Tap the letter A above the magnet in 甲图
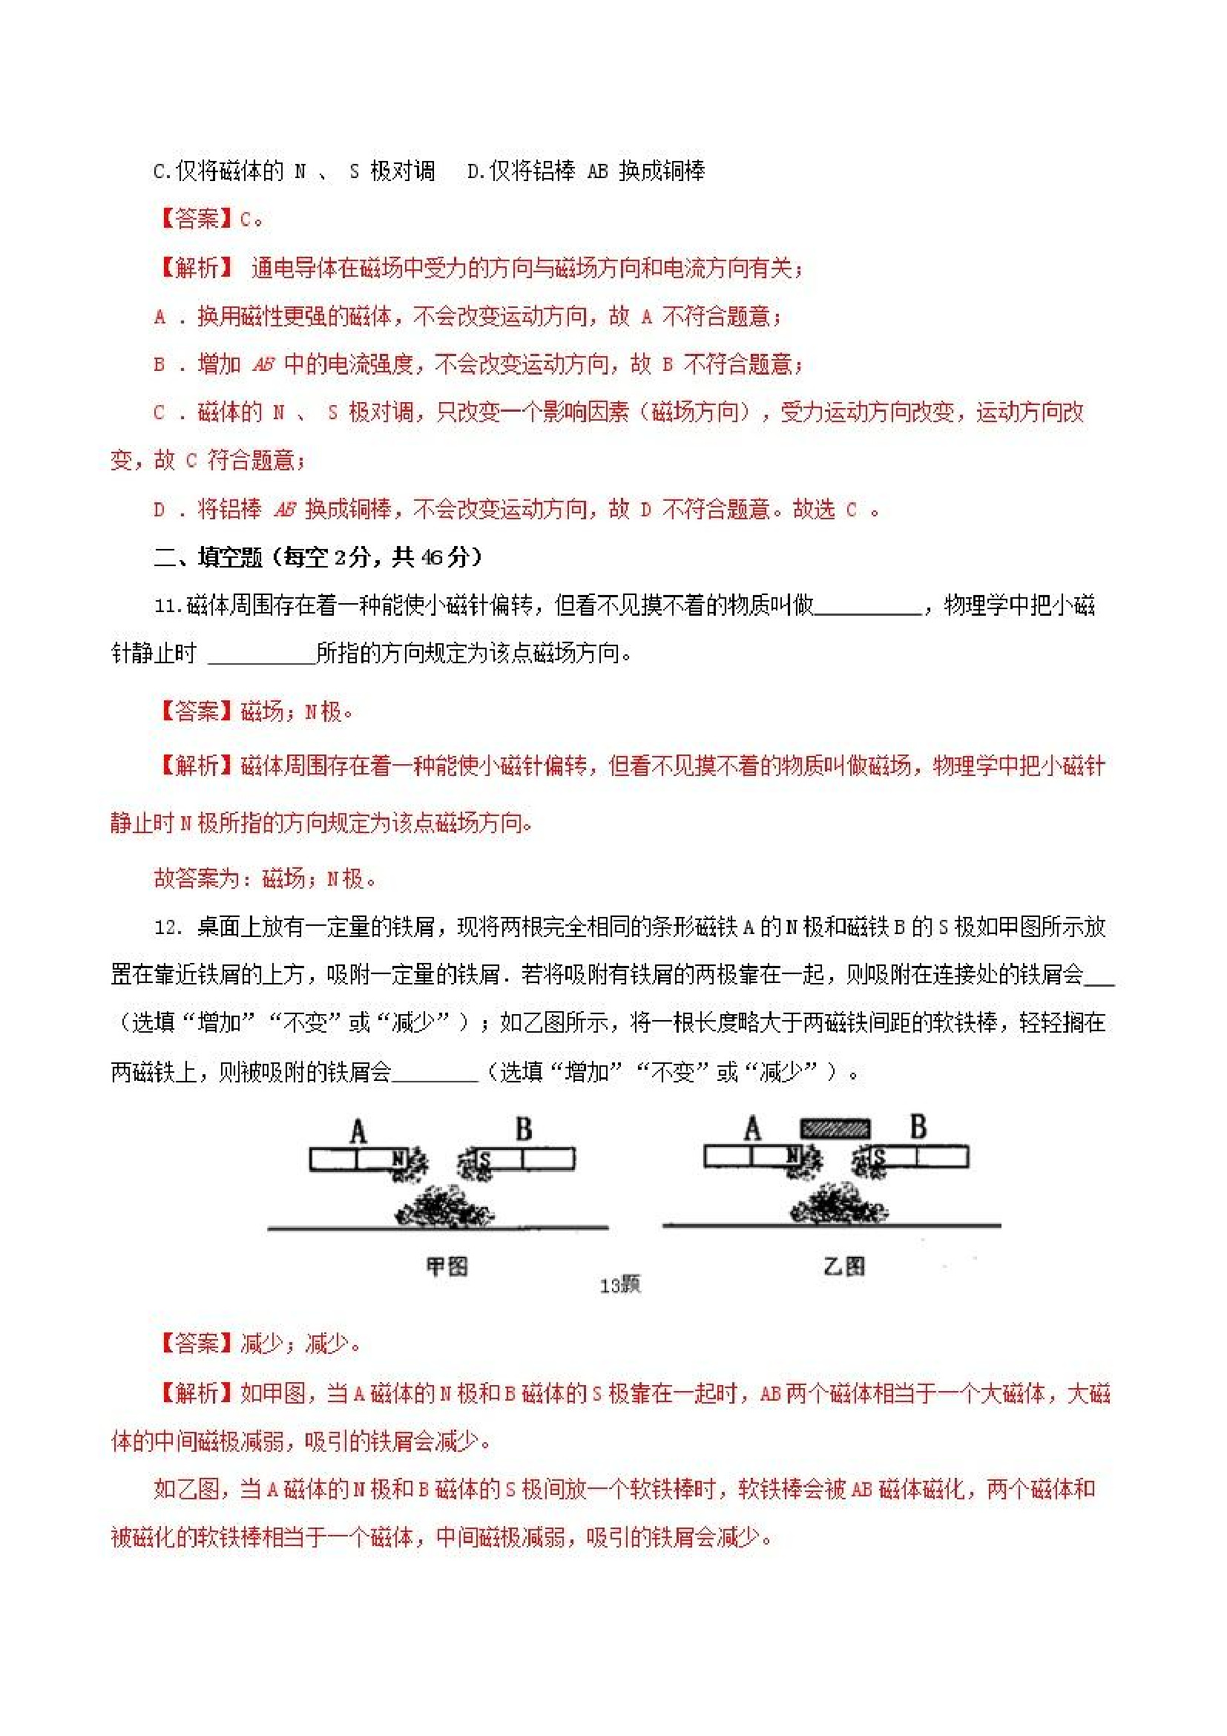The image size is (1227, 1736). [x=358, y=1132]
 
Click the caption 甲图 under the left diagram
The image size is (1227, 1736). [x=447, y=1266]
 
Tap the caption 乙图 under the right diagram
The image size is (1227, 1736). [x=844, y=1266]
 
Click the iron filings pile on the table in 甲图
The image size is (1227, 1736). [x=444, y=1207]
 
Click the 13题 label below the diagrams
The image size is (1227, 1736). [x=620, y=1286]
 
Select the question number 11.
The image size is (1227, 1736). [x=168, y=606]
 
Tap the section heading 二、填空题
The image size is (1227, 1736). [x=208, y=558]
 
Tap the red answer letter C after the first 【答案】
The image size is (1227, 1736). [x=246, y=220]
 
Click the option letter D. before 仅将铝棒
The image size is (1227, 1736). [x=475, y=171]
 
